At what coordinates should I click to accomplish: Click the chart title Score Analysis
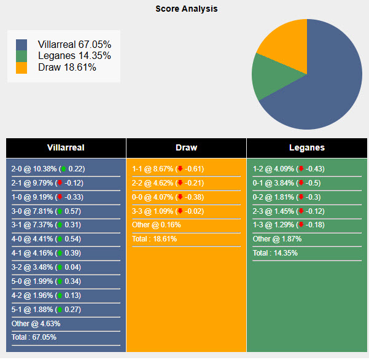coord(186,9)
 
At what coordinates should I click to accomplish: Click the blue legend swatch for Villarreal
coord(22,45)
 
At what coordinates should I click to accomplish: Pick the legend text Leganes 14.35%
coord(74,56)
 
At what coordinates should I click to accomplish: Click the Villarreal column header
coord(66,147)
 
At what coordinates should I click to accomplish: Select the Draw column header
coord(186,147)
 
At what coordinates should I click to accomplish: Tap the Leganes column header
coord(306,147)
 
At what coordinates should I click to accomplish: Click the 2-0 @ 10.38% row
coord(48,169)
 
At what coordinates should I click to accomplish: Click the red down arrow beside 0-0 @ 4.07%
coord(181,197)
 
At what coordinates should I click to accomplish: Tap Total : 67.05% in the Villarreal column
coord(34,337)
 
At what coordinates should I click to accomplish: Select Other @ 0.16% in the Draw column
coord(157,225)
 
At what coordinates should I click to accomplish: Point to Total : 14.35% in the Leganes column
coord(275,253)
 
